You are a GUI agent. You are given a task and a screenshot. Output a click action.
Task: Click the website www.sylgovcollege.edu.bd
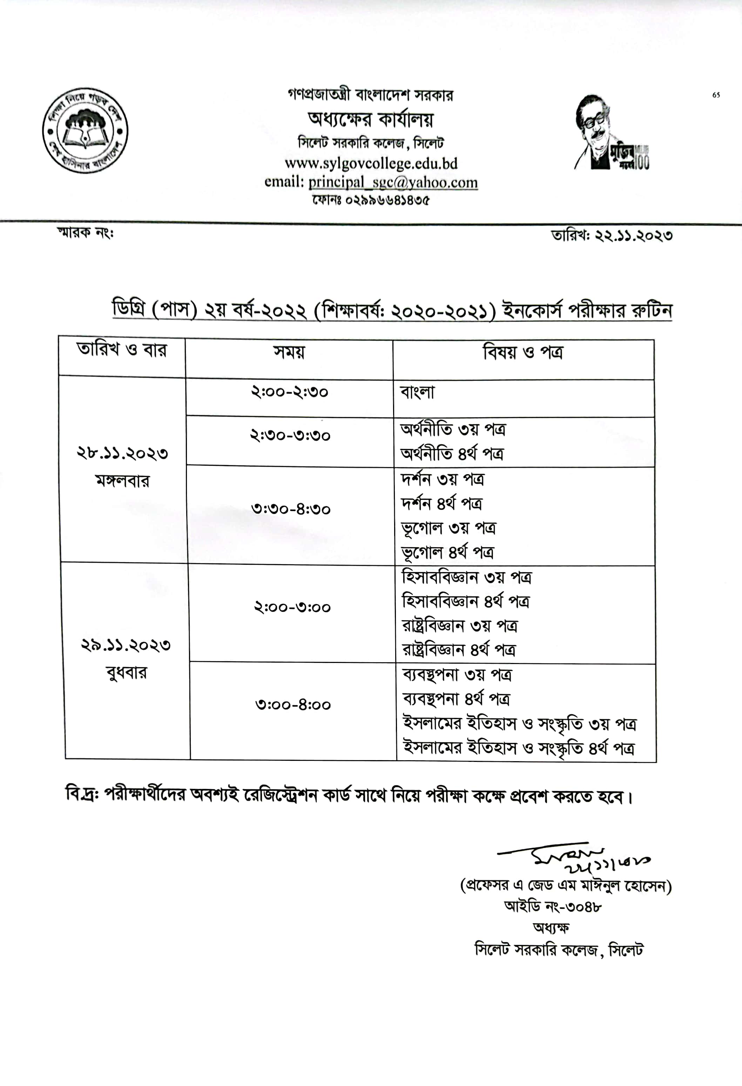click(x=371, y=163)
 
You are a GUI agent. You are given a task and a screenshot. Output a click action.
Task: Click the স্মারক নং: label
click(x=85, y=233)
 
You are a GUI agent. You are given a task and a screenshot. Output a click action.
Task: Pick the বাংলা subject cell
click(x=417, y=393)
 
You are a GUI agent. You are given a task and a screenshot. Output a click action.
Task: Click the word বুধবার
click(x=126, y=673)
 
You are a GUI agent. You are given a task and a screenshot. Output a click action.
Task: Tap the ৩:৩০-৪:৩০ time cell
click(x=291, y=509)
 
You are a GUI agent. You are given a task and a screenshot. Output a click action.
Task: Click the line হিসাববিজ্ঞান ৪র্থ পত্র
click(x=466, y=602)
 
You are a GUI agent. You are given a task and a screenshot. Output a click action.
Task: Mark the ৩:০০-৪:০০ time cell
click(x=293, y=705)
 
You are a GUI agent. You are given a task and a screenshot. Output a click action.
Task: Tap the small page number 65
click(x=716, y=95)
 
